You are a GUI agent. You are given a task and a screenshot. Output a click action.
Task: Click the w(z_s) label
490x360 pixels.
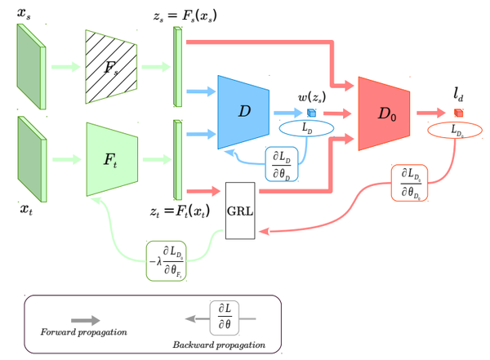(x=312, y=97)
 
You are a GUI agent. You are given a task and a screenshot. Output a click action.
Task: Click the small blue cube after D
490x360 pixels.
(x=311, y=113)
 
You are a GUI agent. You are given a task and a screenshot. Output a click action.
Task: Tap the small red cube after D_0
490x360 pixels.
(x=458, y=113)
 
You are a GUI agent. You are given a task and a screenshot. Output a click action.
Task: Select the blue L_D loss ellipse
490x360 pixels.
(x=304, y=129)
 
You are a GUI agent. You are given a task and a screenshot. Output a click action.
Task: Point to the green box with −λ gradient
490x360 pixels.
(x=174, y=259)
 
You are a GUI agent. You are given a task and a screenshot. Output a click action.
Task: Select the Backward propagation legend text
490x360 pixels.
(x=219, y=344)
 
